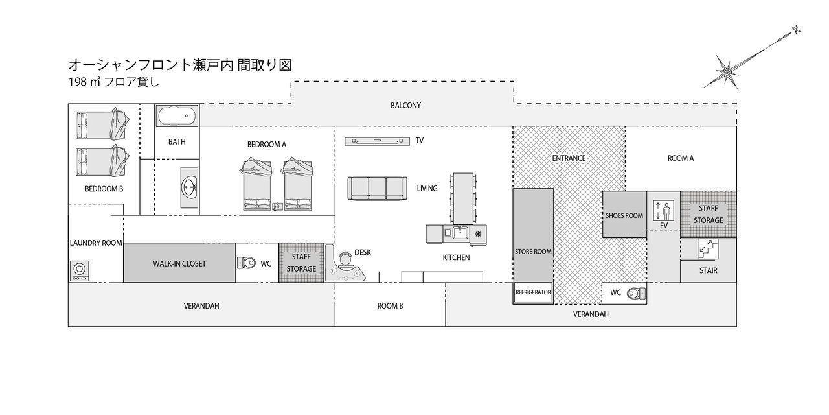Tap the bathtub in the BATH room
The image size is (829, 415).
point(176,118)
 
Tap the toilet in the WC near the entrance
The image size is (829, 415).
point(636,293)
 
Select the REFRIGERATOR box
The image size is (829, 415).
point(533,292)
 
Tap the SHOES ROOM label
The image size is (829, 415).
point(624,216)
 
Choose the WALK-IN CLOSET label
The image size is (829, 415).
point(179,264)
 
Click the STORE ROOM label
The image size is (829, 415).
point(532,252)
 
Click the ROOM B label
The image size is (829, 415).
point(391,305)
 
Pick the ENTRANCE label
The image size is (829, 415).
point(569,158)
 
